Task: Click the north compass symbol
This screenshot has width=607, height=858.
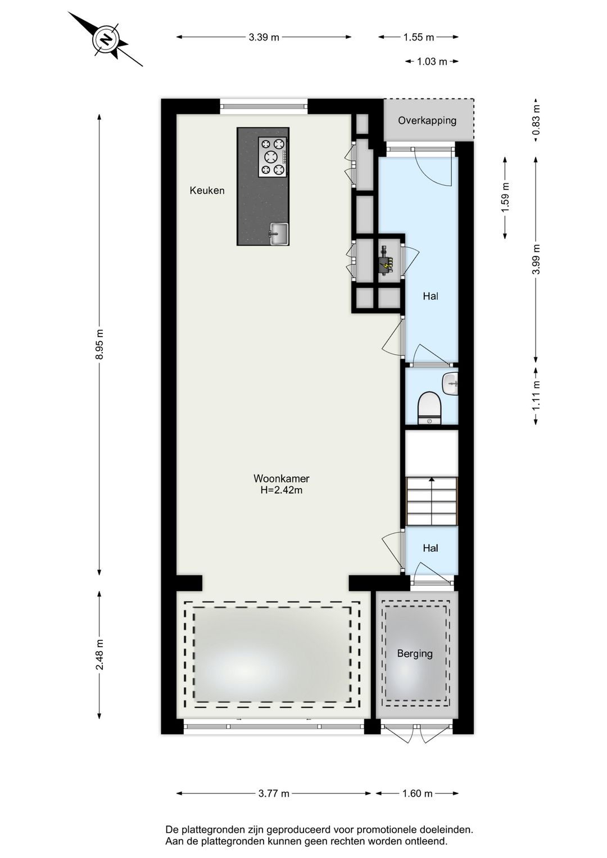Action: coord(105,39)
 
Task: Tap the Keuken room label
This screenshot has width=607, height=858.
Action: coord(207,191)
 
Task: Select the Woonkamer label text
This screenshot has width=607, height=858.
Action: coord(281,479)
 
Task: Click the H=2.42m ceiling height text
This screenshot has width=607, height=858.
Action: coord(281,490)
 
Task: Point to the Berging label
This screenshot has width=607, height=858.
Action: coord(415,653)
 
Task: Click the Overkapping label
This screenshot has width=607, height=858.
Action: coord(427,120)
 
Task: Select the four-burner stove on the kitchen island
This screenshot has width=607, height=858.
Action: coord(273,157)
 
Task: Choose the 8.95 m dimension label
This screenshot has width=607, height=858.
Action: coord(99,344)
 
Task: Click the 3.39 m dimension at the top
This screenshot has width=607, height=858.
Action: coord(264,38)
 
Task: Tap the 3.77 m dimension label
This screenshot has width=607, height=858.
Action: coord(274,794)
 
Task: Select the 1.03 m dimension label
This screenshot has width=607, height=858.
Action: coord(432,62)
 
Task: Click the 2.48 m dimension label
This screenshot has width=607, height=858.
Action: coord(99,655)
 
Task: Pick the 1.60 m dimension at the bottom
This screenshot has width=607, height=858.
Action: coord(417,794)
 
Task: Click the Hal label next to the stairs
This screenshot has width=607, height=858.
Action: coord(431,548)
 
